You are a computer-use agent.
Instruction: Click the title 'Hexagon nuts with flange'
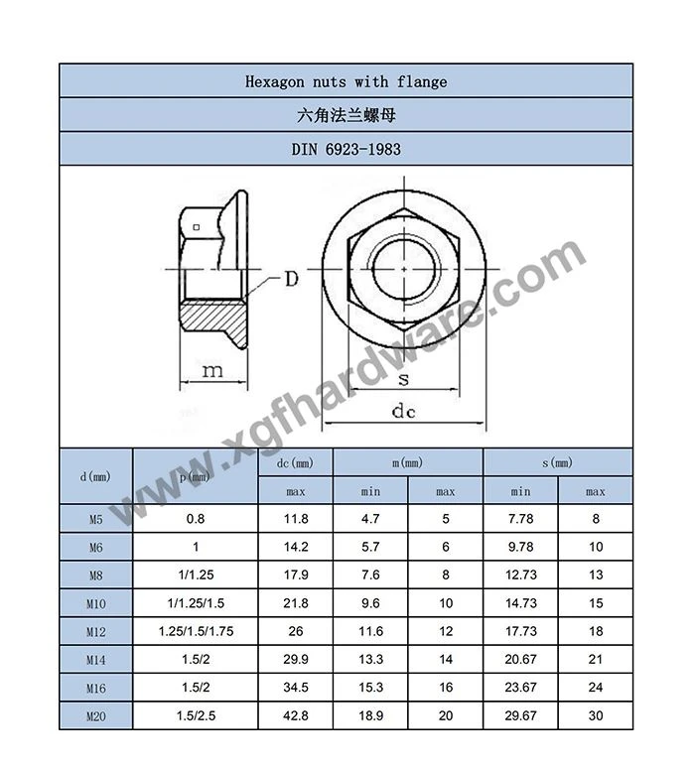(x=347, y=81)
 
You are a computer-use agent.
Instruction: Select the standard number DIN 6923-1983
(x=347, y=149)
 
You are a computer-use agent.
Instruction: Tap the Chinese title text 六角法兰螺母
(x=347, y=115)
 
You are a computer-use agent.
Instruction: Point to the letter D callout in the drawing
(x=291, y=279)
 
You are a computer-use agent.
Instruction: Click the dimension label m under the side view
(x=212, y=371)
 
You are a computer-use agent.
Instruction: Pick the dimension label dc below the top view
(x=403, y=411)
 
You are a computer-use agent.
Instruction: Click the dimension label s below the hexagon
(x=403, y=379)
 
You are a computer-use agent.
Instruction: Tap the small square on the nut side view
(x=197, y=227)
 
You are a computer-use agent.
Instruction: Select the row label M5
(x=95, y=519)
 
